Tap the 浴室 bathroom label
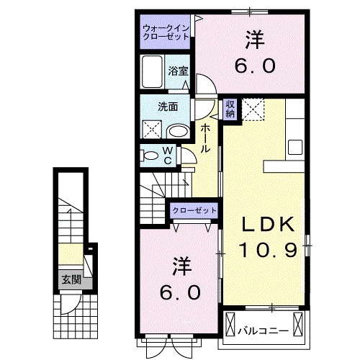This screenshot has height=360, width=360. [178, 71]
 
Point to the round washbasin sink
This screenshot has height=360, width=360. [176, 130]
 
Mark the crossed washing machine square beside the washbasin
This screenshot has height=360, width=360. [152, 130]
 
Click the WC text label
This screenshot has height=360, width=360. [167, 156]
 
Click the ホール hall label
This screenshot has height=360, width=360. [205, 138]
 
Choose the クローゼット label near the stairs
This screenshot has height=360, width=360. [194, 210]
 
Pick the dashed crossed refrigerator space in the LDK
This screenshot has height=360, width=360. [253, 110]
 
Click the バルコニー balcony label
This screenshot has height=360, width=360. [264, 331]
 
